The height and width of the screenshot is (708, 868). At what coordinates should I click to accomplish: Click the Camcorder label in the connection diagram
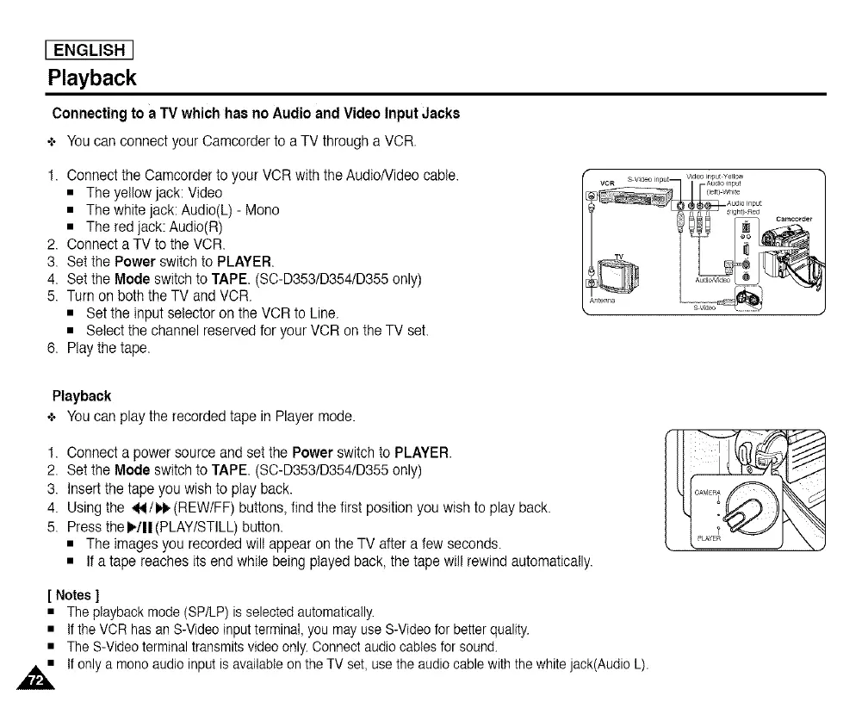(x=795, y=218)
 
